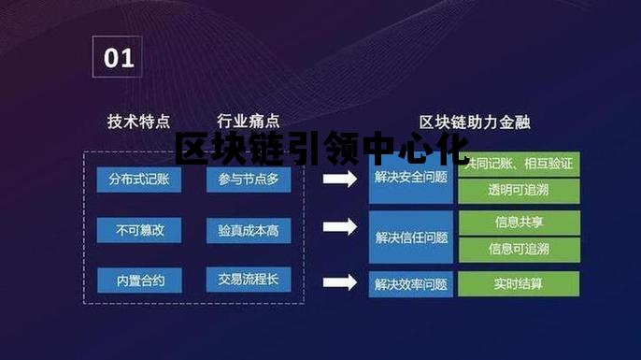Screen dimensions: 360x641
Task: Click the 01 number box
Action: click(x=118, y=58)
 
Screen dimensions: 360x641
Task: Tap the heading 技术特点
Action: click(x=138, y=122)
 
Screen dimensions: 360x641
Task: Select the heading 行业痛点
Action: click(x=248, y=122)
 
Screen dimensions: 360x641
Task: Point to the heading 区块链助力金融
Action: click(x=474, y=122)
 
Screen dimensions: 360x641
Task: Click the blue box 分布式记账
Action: click(x=139, y=179)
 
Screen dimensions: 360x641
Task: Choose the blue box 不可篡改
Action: click(x=139, y=229)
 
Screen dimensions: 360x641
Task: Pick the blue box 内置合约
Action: click(x=139, y=280)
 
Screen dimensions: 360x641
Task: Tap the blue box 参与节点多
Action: click(x=249, y=179)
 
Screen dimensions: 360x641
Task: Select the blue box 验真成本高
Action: click(x=249, y=229)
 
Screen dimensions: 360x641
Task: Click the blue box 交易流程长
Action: click(x=249, y=280)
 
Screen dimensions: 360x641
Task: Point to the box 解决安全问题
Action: click(x=410, y=179)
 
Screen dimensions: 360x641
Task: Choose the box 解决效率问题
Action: click(x=410, y=284)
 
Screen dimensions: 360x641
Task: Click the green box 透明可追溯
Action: click(x=519, y=191)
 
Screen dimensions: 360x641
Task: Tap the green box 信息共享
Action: click(x=519, y=223)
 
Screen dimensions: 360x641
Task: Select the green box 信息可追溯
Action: click(x=519, y=249)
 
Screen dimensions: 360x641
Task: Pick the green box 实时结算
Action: click(x=519, y=283)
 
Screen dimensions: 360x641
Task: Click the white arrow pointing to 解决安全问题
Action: click(x=340, y=179)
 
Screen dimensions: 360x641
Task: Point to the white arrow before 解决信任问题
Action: click(x=340, y=226)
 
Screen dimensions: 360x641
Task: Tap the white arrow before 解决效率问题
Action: click(x=340, y=281)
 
